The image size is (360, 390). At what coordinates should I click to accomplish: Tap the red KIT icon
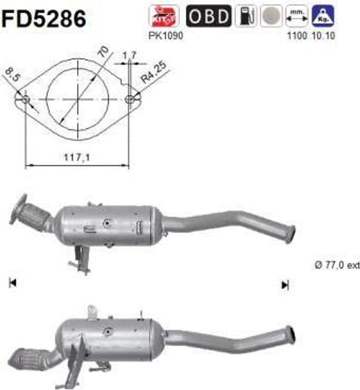(x=164, y=16)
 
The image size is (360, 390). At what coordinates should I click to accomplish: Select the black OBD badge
(x=209, y=16)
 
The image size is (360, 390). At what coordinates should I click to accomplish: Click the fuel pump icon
(x=245, y=16)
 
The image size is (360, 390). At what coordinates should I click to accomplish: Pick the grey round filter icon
(x=271, y=16)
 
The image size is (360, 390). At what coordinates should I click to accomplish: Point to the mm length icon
(x=297, y=16)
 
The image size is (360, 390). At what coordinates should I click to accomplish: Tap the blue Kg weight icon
(x=323, y=16)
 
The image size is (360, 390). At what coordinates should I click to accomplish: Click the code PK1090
(x=166, y=36)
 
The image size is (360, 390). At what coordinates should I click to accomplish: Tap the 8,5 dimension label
(x=12, y=75)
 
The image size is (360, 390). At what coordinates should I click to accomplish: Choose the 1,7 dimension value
(x=129, y=56)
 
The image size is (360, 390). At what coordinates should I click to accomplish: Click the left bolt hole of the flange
(x=25, y=99)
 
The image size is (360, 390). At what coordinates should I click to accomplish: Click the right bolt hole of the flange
(x=129, y=99)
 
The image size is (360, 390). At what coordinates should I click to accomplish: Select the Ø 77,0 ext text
(x=336, y=265)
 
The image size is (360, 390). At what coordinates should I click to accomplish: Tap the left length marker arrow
(x=13, y=283)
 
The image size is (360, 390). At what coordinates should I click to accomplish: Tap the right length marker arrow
(x=285, y=285)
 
